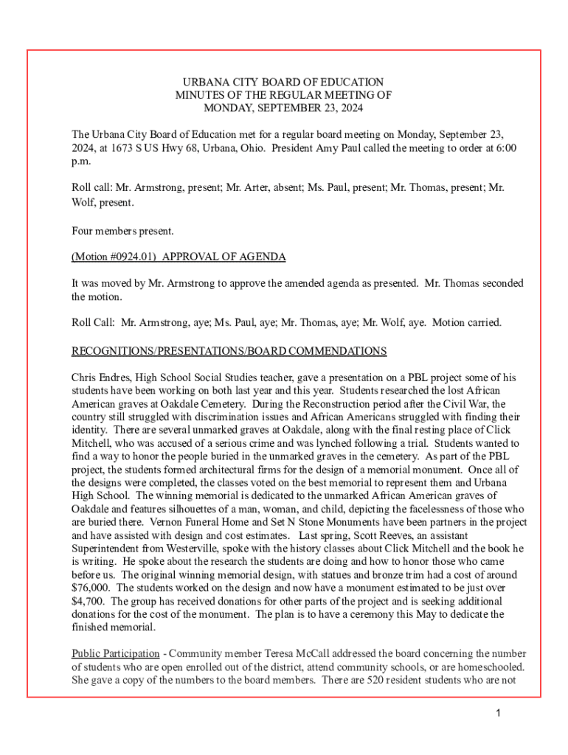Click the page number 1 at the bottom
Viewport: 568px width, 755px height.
(499, 713)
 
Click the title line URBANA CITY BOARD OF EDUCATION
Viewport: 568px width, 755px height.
(283, 82)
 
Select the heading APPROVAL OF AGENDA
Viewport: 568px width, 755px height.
(224, 257)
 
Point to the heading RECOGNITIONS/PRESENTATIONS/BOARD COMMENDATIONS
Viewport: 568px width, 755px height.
(229, 350)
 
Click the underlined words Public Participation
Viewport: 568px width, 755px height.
(115, 653)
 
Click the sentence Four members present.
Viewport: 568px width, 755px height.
(122, 231)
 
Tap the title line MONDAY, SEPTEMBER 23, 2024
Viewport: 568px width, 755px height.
(283, 108)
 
